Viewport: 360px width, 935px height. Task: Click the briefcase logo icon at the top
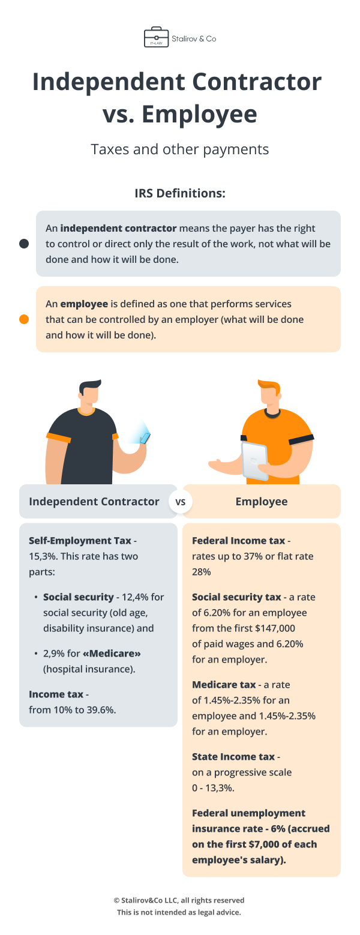[156, 37]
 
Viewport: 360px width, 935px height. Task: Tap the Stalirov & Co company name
[194, 38]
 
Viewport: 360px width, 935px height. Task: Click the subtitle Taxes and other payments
[180, 149]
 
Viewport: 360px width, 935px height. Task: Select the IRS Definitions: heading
[180, 194]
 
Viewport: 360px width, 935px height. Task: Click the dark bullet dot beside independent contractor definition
[24, 244]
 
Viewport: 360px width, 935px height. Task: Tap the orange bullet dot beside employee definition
[24, 319]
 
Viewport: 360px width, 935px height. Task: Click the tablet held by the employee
[255, 460]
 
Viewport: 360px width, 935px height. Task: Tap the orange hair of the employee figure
[268, 386]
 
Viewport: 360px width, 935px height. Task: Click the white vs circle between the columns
[180, 502]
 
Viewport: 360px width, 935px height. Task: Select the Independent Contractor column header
[94, 502]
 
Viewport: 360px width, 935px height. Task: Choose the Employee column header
[262, 502]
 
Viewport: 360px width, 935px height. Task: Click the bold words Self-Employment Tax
[80, 541]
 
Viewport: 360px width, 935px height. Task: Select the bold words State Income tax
[233, 757]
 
